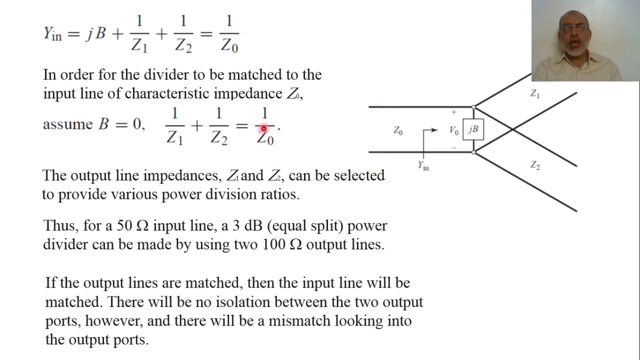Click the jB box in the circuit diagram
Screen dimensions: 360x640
(x=473, y=129)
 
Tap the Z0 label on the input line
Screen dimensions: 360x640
(x=398, y=131)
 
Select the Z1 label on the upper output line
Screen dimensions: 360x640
(x=535, y=93)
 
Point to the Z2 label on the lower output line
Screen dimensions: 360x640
(x=535, y=165)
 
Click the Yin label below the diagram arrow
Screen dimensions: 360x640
(x=423, y=165)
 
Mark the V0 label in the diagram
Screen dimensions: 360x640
(x=453, y=130)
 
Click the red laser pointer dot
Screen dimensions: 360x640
(x=263, y=129)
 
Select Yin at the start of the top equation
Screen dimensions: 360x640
(x=52, y=34)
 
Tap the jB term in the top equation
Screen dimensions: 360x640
(x=95, y=34)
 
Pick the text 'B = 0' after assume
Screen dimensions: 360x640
(x=120, y=124)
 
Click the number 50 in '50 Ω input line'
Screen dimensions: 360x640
(x=124, y=225)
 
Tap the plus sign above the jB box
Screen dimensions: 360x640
(x=454, y=112)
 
